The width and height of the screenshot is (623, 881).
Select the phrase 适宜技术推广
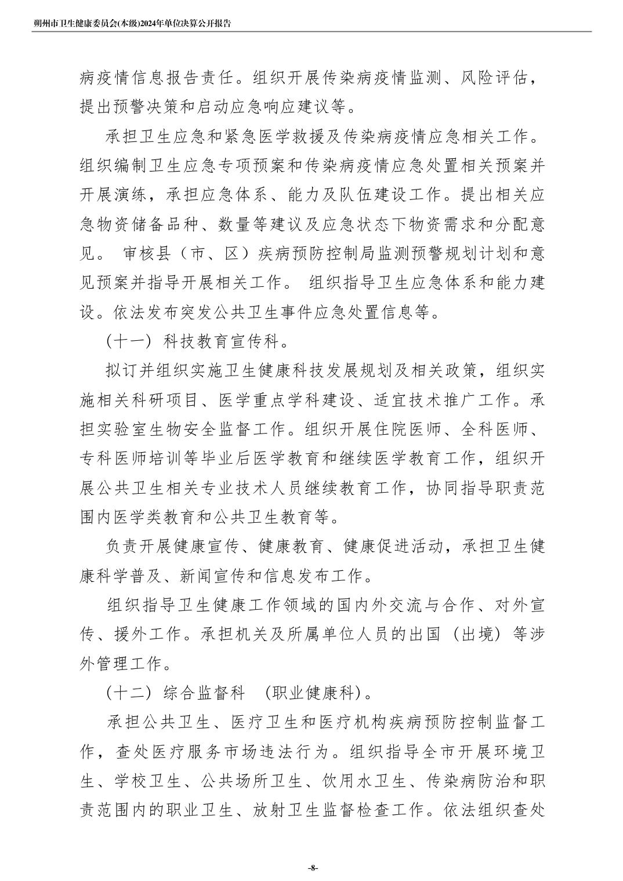(426, 400)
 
